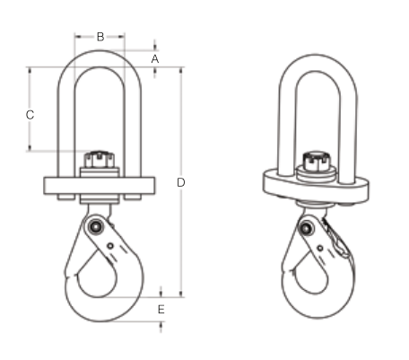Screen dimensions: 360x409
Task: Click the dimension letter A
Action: coord(155,58)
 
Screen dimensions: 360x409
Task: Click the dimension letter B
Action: coord(100,37)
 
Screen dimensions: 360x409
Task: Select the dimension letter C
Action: coord(30,114)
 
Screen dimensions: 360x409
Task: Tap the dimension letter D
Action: coord(181,182)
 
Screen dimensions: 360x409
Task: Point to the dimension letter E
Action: coord(161,310)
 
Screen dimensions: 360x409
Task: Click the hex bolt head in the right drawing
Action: coord(315,163)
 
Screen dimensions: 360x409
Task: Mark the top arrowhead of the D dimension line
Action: coord(182,69)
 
